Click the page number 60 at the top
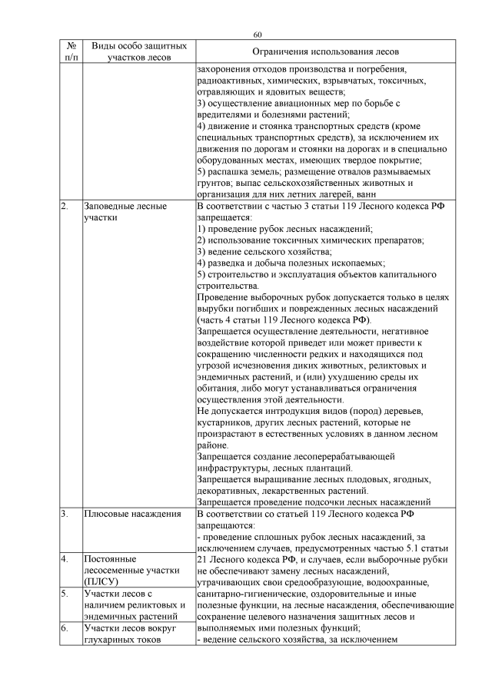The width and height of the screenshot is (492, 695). [x=258, y=35]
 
